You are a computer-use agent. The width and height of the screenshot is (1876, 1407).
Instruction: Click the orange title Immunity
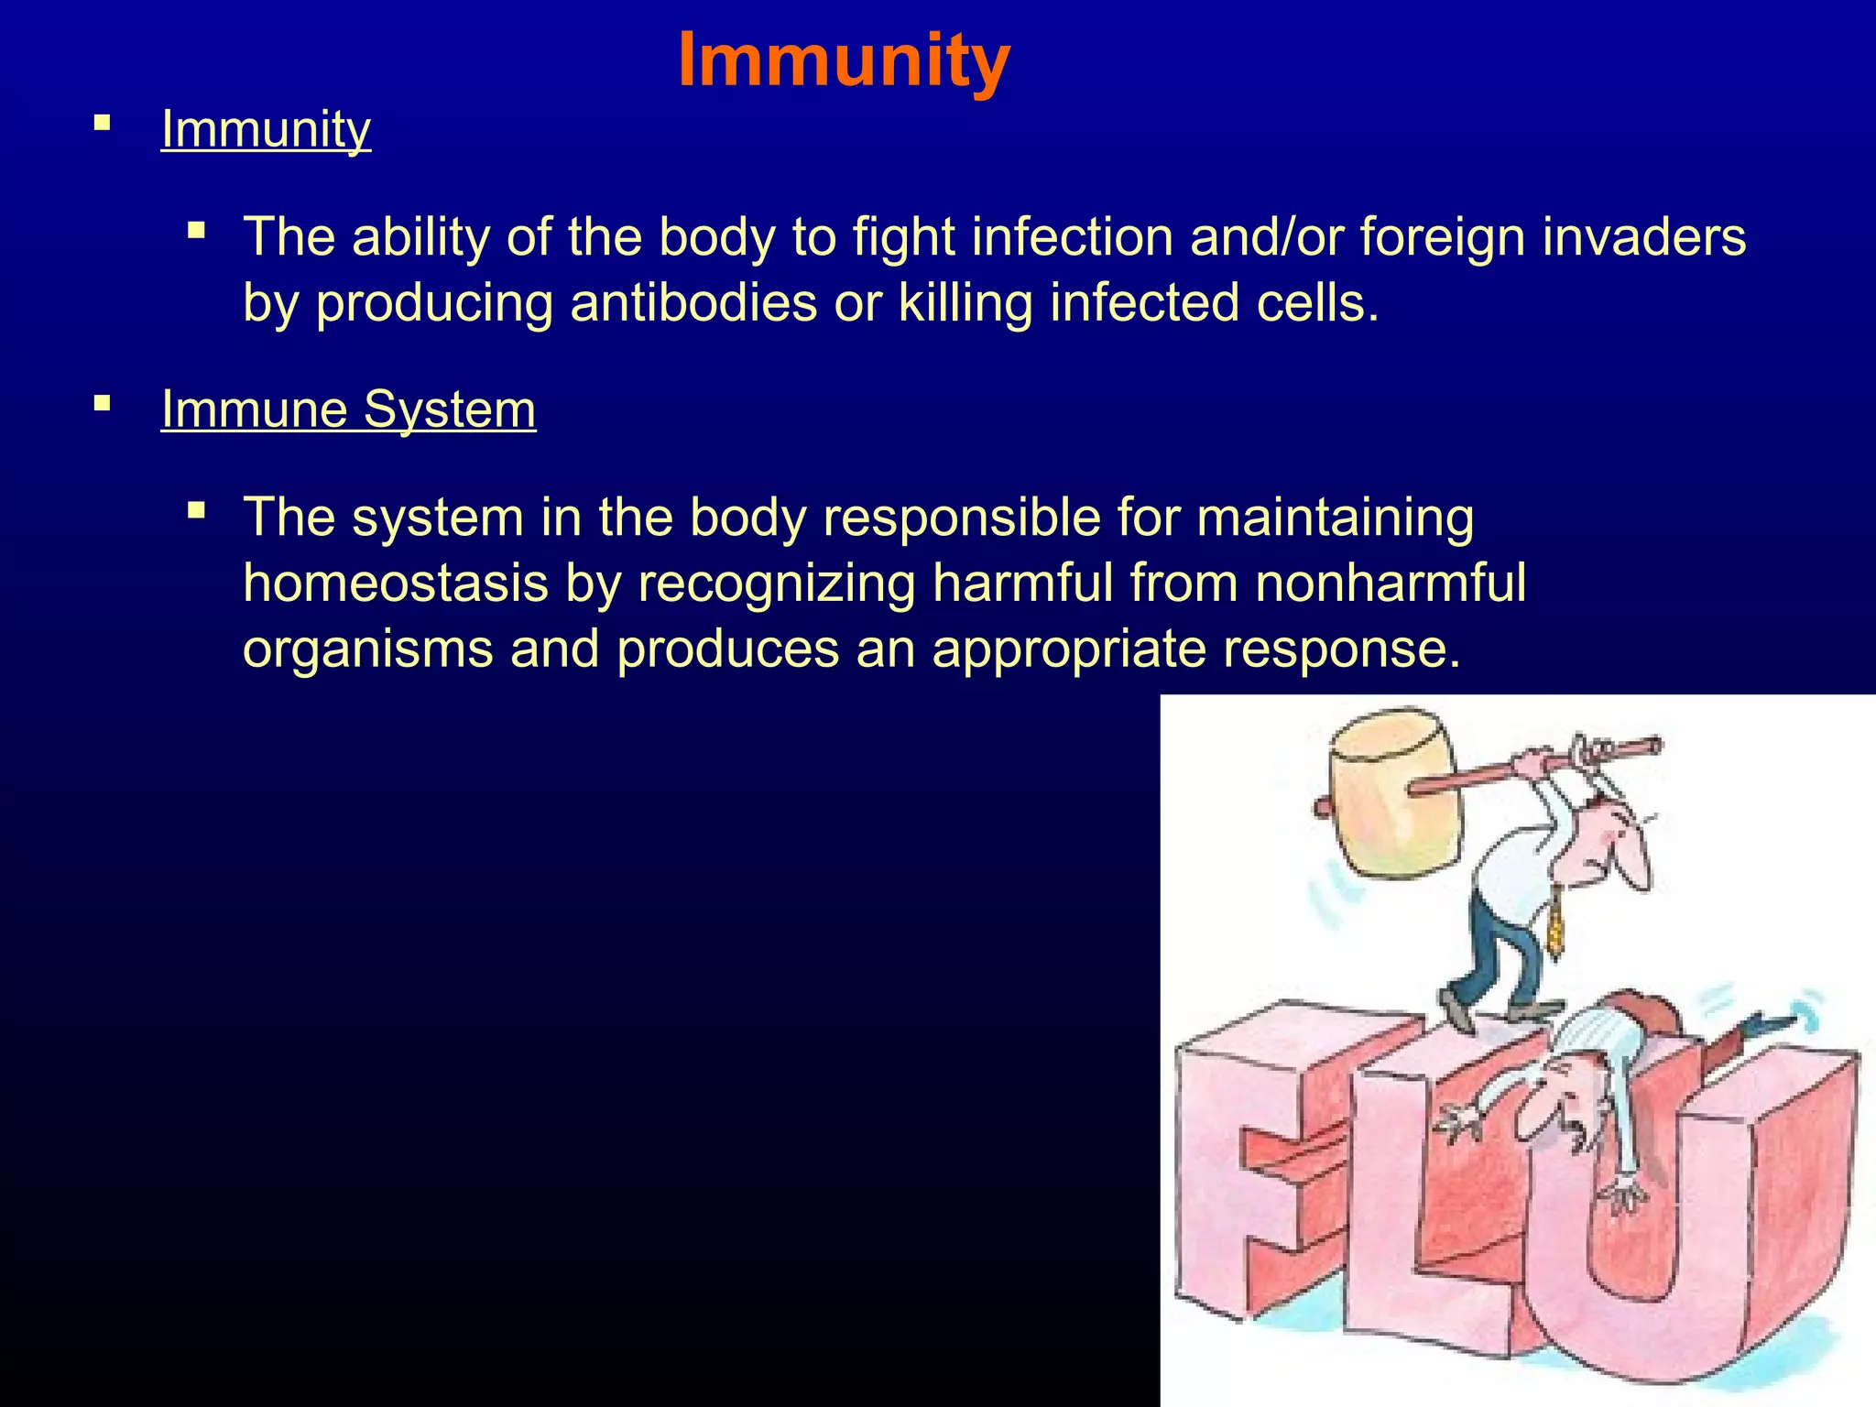point(844,60)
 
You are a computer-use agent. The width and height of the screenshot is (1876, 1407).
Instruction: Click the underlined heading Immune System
point(348,409)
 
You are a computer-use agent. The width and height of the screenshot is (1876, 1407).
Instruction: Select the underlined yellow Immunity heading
point(266,129)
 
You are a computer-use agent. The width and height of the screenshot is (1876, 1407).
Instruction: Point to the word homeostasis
point(395,583)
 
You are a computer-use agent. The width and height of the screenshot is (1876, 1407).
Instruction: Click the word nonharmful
point(1390,583)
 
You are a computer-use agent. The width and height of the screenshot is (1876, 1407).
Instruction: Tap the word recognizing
point(776,584)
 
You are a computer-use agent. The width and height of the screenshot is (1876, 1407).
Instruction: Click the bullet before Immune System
point(102,403)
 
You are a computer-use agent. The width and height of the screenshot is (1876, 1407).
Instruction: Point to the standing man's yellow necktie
point(1555,925)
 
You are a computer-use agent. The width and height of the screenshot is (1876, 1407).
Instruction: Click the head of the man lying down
point(1557,1099)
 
